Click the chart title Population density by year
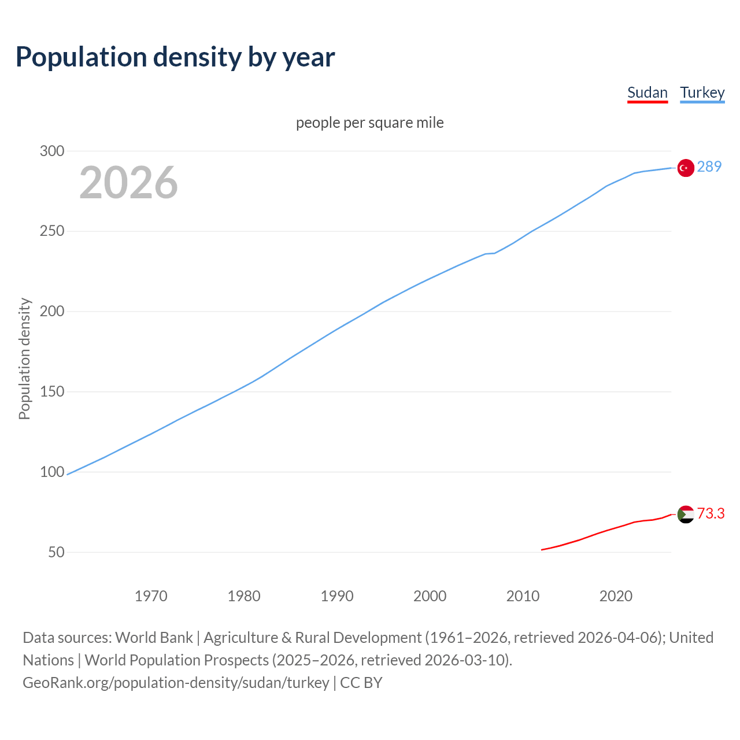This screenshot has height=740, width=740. pos(175,57)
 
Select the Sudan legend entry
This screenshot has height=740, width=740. pos(647,92)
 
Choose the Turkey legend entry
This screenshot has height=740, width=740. pos(702,92)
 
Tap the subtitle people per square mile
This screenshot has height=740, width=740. pos(370,123)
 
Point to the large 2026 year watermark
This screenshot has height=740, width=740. pos(128,183)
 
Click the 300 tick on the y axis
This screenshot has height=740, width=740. pos(52,151)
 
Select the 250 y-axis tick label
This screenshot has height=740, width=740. pos(52,231)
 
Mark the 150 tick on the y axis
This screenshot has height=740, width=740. pos(52,391)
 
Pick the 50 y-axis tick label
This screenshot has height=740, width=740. pos(56,552)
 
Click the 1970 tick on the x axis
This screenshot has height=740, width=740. pos(151,596)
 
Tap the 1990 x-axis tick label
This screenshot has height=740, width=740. pos(337,596)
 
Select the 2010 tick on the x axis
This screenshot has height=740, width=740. pos(523,596)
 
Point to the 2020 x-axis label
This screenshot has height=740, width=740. pos(616,596)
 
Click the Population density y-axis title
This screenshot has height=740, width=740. pos(24,358)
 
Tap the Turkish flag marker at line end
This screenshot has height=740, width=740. pos(686,168)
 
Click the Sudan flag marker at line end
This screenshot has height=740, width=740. pos(686,514)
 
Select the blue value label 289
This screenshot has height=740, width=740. pos(709,166)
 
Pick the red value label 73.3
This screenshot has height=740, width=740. pos(711,513)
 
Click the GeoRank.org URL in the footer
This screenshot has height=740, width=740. pos(176,683)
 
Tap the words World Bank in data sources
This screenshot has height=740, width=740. pos(154,638)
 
